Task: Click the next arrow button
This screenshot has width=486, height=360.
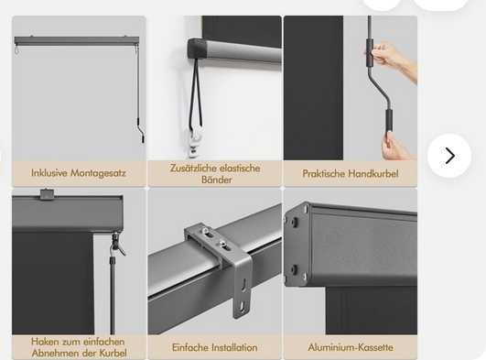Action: click(449, 156)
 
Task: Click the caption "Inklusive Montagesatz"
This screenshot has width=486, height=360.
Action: click(79, 173)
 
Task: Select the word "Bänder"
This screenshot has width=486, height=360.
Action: click(216, 180)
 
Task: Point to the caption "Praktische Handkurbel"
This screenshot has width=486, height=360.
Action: click(351, 173)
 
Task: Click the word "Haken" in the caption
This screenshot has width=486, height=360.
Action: click(46, 342)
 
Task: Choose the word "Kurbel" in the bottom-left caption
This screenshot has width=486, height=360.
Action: click(113, 354)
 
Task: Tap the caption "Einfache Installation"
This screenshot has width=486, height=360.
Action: click(215, 347)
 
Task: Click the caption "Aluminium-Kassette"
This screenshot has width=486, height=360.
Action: click(351, 347)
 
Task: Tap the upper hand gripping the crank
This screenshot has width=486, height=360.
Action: click(392, 60)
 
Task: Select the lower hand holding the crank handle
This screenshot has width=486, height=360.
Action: click(394, 147)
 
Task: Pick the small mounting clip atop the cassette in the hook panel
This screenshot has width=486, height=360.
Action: click(47, 193)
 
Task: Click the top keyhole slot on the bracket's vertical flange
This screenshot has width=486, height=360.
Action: click(245, 284)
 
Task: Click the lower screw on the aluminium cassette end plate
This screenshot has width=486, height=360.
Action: click(294, 269)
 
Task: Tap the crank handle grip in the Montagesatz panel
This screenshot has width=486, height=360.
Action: click(143, 136)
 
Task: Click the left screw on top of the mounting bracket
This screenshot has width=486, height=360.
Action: click(205, 230)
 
